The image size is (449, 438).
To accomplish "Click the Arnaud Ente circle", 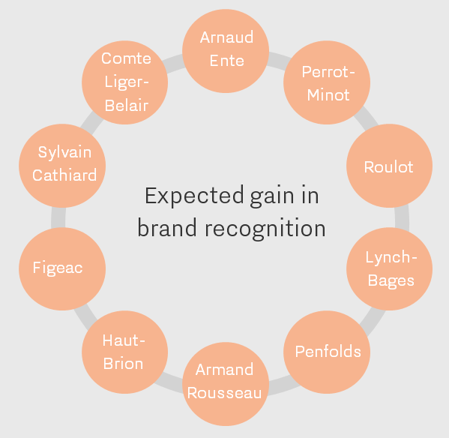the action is click(x=226, y=51).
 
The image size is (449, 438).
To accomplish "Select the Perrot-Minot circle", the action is click(x=327, y=82).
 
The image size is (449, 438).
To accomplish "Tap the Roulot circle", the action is click(x=390, y=166).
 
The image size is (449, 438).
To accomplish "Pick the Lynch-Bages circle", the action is click(x=390, y=269).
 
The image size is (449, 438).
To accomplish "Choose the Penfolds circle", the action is click(x=327, y=352).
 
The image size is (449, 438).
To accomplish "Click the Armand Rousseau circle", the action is click(x=226, y=384).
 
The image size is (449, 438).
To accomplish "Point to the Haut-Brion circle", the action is click(x=125, y=352).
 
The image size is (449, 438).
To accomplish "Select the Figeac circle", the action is click(x=62, y=269).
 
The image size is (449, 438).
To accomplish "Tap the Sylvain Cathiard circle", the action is click(x=62, y=166).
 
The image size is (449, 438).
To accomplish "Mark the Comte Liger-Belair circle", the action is click(x=125, y=82).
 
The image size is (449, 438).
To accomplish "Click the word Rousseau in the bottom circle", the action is click(x=225, y=393).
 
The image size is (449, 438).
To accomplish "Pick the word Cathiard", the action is click(x=64, y=175).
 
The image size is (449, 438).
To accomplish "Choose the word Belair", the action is click(x=126, y=106).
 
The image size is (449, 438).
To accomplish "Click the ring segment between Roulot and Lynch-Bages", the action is click(x=402, y=217).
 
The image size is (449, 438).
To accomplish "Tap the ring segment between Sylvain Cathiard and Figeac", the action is click(x=58, y=217).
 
